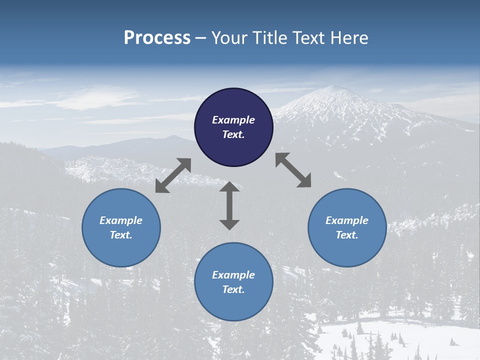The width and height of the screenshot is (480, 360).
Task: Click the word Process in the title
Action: [157, 38]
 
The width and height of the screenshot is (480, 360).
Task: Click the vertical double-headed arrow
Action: [229, 205]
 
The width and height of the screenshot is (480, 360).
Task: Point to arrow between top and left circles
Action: [173, 175]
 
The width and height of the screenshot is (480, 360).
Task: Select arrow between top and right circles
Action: [293, 170]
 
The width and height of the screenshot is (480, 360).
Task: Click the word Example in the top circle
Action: [233, 120]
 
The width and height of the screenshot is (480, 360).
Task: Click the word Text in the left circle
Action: [121, 235]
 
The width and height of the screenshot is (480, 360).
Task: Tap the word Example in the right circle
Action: [347, 220]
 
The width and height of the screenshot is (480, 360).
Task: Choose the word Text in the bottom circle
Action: [233, 289]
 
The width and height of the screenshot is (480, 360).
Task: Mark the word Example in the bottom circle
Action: [233, 275]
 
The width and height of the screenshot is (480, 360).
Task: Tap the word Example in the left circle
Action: [121, 220]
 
